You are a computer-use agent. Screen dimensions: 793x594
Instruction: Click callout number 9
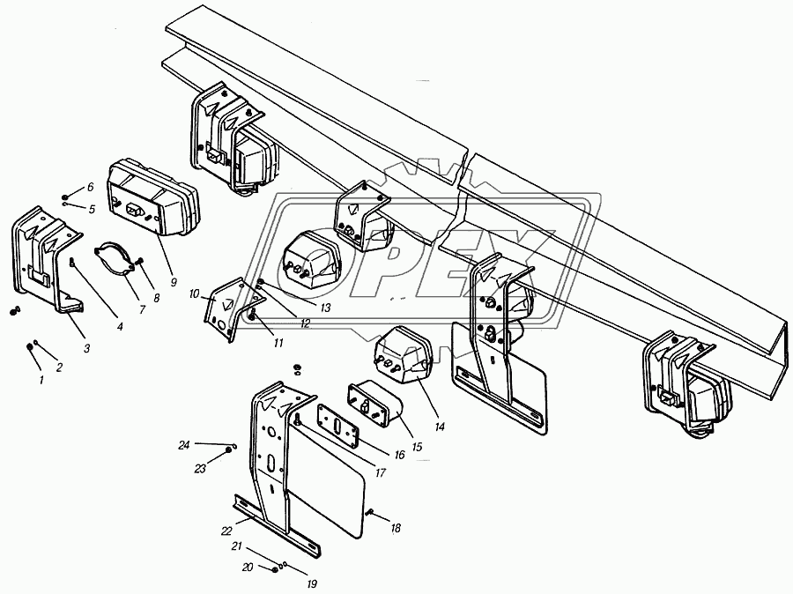[x=174, y=282]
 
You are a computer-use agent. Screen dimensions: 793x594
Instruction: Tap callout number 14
[x=440, y=427]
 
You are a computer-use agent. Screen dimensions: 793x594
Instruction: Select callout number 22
[x=226, y=531]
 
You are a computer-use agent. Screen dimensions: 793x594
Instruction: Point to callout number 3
[x=86, y=348]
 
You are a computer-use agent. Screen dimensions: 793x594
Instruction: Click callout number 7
[x=142, y=309]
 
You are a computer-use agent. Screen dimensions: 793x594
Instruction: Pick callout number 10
[x=195, y=293]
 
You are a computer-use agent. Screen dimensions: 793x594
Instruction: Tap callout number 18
[x=396, y=528]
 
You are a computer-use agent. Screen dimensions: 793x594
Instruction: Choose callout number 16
[x=399, y=455]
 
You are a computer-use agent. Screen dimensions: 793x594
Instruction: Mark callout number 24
[x=183, y=445]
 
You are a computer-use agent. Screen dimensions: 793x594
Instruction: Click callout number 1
[x=41, y=378]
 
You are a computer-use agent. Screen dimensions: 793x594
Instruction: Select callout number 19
[x=312, y=584]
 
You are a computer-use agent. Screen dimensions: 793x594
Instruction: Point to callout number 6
[x=90, y=187]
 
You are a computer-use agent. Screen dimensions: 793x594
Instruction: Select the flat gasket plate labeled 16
[x=337, y=425]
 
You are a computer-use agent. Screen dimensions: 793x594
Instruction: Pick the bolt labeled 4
[x=72, y=263]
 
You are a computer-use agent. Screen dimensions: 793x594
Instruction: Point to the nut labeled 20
[x=275, y=569]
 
